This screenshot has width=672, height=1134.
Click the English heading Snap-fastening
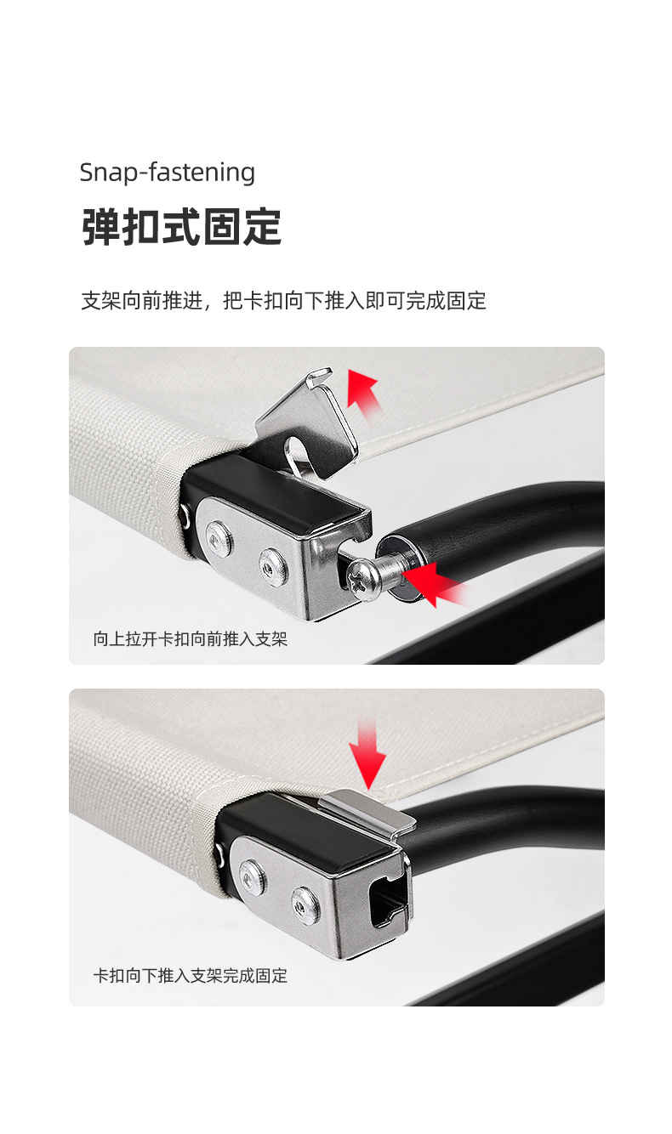pos(167,173)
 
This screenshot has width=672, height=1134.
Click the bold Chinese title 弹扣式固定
pos(181,227)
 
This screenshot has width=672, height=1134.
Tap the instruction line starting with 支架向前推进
pos(283,300)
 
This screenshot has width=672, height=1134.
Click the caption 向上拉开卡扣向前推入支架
pos(191,638)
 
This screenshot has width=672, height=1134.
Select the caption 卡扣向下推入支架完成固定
pos(191,975)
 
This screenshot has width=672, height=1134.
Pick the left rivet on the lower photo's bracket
pos(251,872)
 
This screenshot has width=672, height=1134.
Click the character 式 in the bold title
pos(180,227)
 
